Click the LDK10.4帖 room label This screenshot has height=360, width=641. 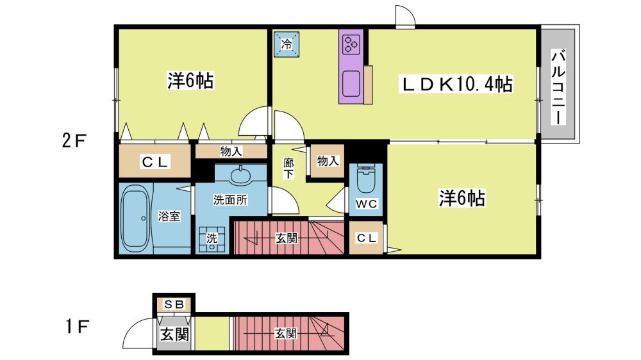point(457,84)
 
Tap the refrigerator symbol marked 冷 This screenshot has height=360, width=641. point(287,44)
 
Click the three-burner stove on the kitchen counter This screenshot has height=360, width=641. point(351,45)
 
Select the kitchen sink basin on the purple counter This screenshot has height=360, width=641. point(351,84)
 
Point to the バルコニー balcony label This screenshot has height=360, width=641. point(558,86)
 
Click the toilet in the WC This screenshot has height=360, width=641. point(366,179)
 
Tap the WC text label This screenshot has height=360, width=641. point(366,203)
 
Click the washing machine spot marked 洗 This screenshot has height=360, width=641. point(212,239)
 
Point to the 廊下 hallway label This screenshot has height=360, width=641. point(288,168)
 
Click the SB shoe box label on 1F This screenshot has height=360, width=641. point(174,304)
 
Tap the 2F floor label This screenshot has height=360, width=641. point(74,141)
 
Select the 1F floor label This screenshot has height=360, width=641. point(78,327)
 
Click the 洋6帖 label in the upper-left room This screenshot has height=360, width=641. point(190,81)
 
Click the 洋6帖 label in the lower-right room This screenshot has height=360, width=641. point(462,198)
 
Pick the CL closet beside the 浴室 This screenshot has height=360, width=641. point(154,162)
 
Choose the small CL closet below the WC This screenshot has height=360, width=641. point(366,238)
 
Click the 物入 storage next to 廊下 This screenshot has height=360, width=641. point(328,161)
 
